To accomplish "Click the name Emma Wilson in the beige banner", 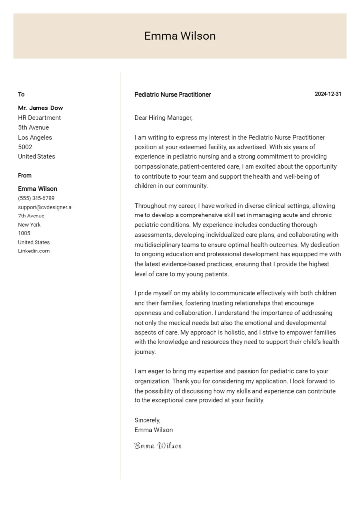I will click(x=180, y=36).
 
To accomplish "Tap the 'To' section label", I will click(x=21, y=94).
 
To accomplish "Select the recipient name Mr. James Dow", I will click(x=40, y=108).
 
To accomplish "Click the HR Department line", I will click(x=39, y=118).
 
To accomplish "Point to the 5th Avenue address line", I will click(x=34, y=127).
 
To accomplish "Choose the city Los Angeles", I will click(x=35, y=137).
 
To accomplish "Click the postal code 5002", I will click(x=25, y=147).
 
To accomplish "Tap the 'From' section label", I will click(x=25, y=175).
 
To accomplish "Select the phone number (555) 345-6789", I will click(x=36, y=198).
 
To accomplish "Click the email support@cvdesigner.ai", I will click(x=45, y=207).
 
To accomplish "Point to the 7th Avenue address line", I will click(x=31, y=216).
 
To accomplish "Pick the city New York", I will click(x=30, y=225).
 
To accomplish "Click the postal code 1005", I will click(x=24, y=233).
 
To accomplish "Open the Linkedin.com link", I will click(x=34, y=251).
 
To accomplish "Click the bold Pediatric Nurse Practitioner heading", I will click(x=173, y=94).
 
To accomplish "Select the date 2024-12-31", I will click(x=328, y=94).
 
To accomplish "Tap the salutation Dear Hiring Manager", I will click(x=164, y=118).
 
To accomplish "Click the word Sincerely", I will click(x=147, y=420).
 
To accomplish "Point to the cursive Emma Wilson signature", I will click(x=158, y=446).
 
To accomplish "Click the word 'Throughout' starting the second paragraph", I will click(x=150, y=206).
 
